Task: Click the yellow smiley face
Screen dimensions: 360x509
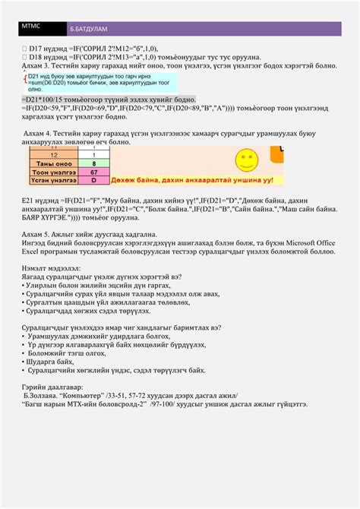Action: pos(266,160)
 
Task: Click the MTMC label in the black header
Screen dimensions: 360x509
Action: pos(31,26)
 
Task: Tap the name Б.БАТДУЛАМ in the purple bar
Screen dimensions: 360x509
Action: pos(89,30)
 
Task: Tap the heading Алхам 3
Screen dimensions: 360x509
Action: pos(39,67)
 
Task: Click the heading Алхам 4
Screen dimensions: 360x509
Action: pos(42,133)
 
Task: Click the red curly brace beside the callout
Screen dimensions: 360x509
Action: pos(24,84)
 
